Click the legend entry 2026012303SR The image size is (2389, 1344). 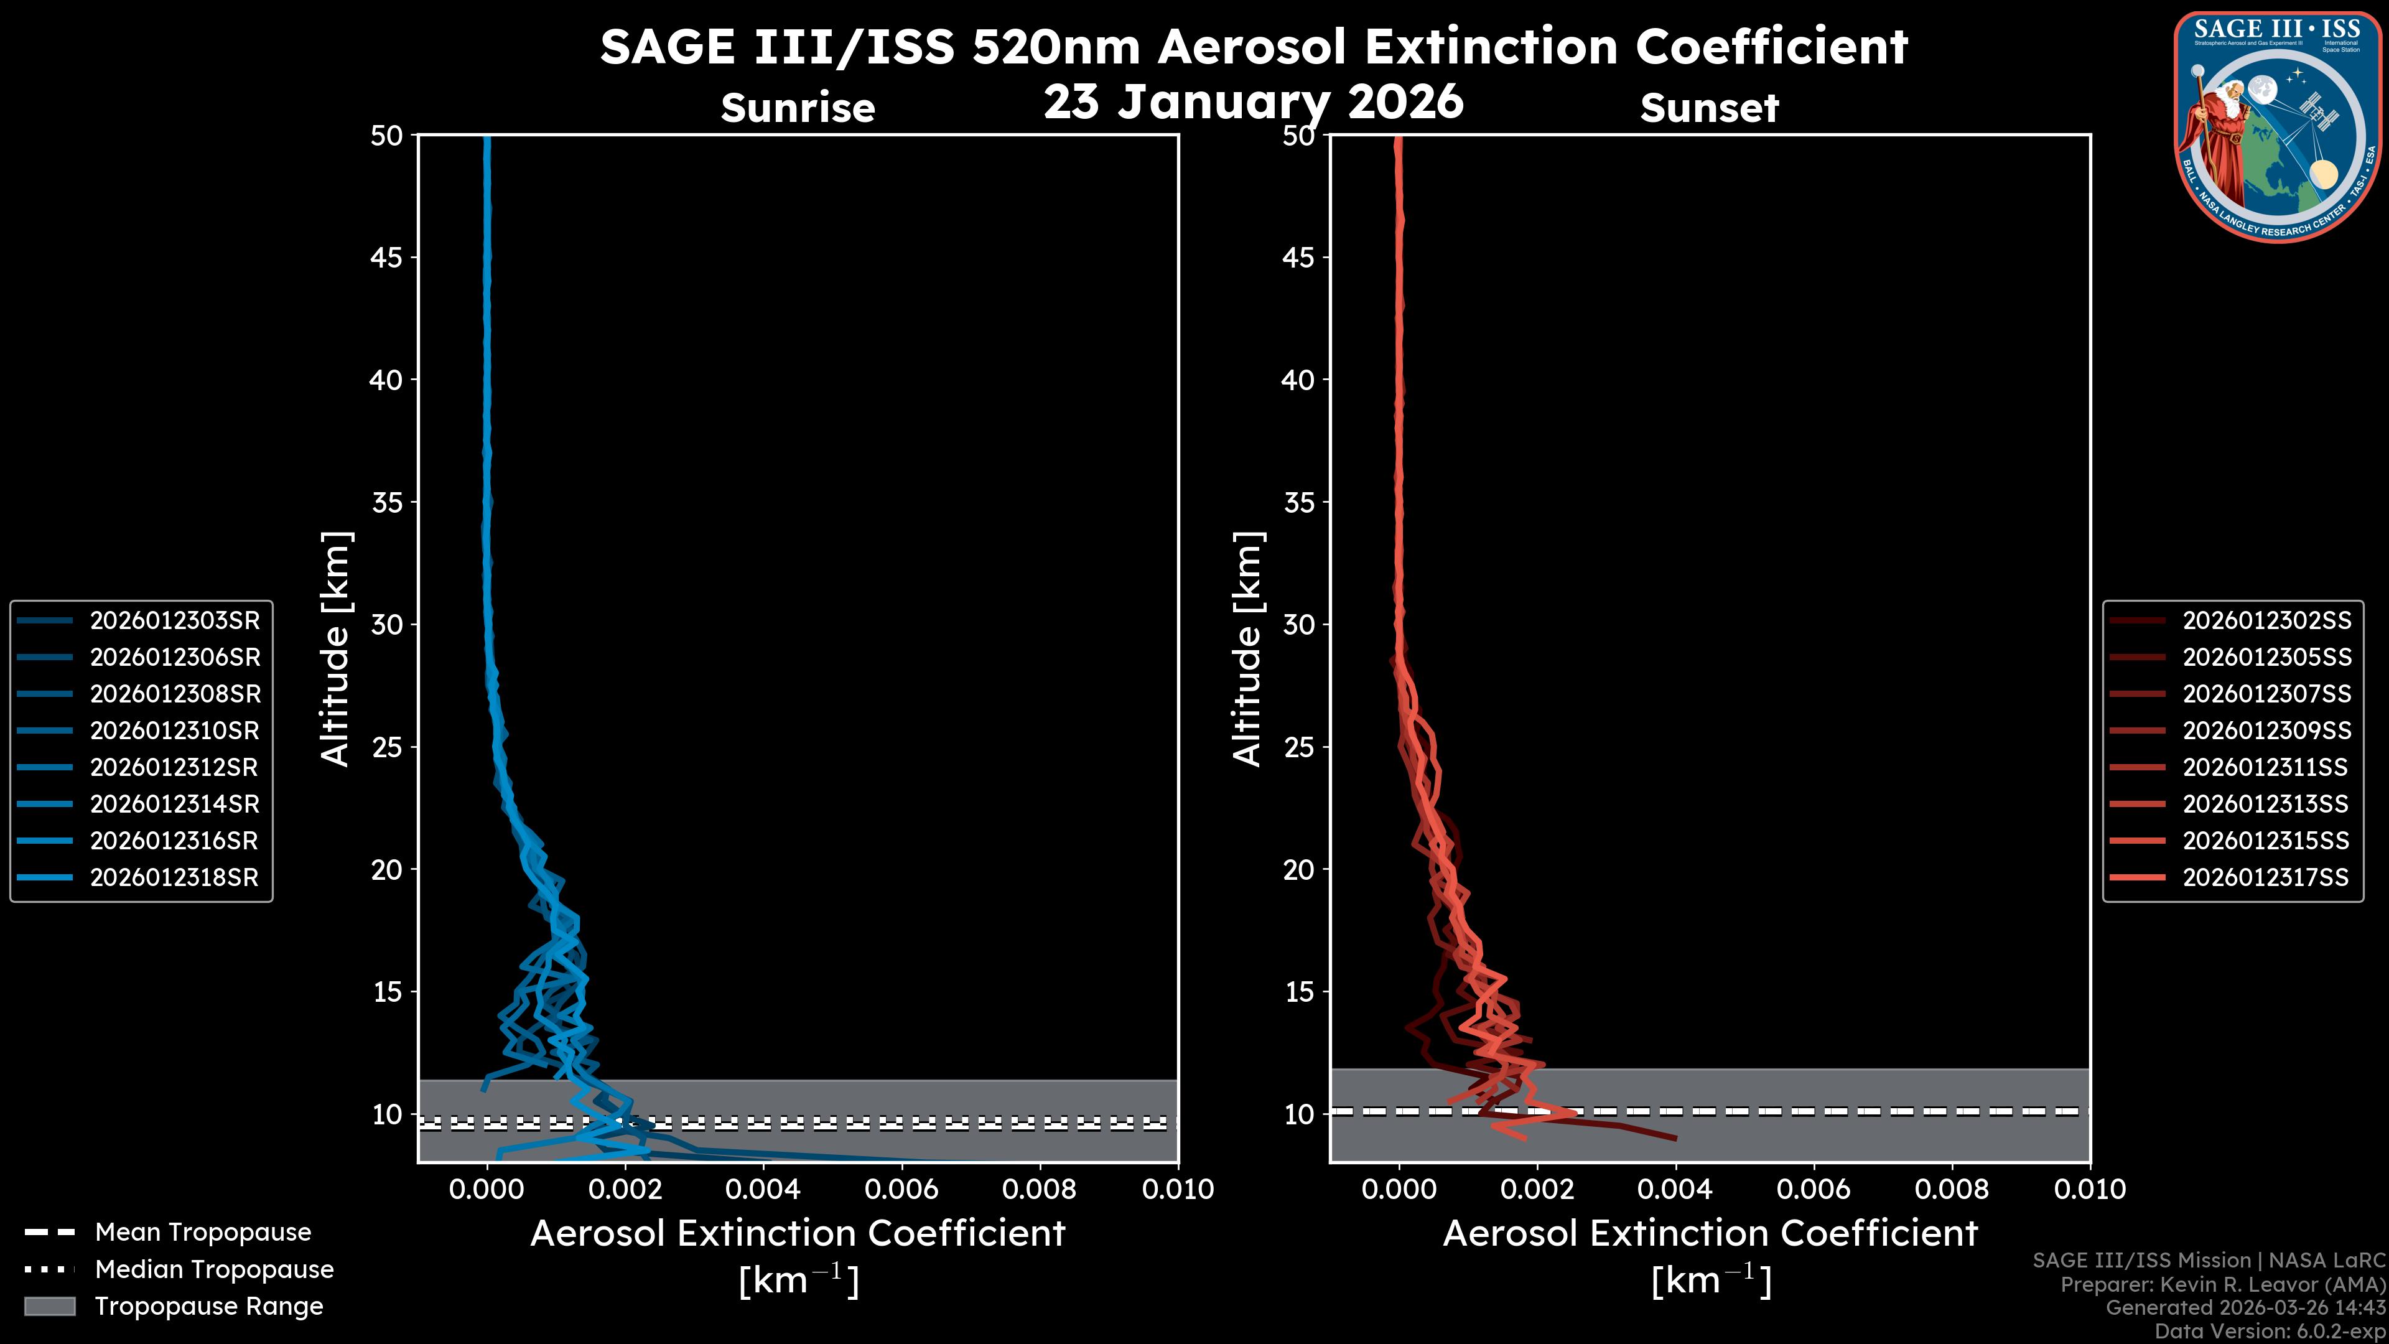[x=174, y=620]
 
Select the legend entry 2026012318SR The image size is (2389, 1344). [x=174, y=877]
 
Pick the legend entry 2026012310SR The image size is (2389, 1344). [x=174, y=731]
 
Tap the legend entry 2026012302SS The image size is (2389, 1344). [x=2266, y=620]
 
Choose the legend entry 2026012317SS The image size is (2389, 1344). [x=2266, y=877]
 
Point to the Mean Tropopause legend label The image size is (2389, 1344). [x=203, y=1232]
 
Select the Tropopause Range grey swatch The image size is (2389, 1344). [x=50, y=1306]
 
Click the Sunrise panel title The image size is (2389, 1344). [x=798, y=108]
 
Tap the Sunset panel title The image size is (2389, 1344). [x=1709, y=108]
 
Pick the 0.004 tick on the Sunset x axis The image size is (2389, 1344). [x=1675, y=1189]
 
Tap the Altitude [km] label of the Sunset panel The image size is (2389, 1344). [x=1247, y=649]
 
